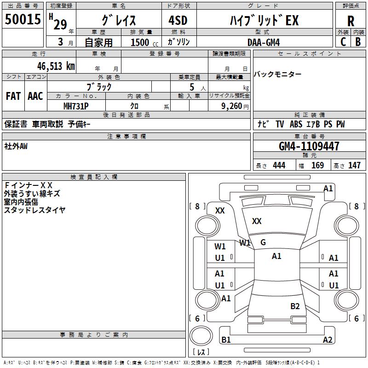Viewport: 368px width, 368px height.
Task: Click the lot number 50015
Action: click(23, 19)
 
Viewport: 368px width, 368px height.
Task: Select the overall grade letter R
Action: click(351, 21)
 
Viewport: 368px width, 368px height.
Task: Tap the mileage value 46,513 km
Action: click(56, 66)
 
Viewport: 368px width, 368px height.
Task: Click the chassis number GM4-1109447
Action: click(309, 146)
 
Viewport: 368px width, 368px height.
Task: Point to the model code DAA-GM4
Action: click(264, 42)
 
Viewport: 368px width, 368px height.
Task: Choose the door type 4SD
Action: click(178, 20)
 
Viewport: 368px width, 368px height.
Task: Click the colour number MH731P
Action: click(76, 106)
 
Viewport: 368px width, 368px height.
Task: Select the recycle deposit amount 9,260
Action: click(232, 106)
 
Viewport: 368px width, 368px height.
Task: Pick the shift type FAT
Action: click(13, 96)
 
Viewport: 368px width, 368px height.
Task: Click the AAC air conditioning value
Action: click(35, 96)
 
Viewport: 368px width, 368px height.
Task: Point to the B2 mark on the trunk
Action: click(295, 306)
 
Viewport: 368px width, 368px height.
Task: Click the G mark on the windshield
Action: click(263, 242)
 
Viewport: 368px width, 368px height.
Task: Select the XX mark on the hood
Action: click(257, 221)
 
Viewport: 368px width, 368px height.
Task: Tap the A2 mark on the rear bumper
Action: click(328, 339)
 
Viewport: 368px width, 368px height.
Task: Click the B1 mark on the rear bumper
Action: click(226, 339)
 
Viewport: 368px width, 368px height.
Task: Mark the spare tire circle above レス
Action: click(201, 336)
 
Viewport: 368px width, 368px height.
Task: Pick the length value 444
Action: click(279, 166)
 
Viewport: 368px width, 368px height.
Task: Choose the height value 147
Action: click(354, 166)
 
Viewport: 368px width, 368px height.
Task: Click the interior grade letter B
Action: click(358, 42)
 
